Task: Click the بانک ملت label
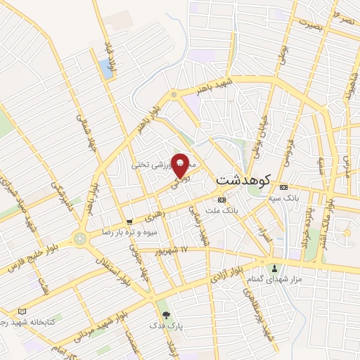227,210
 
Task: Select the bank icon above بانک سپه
283,188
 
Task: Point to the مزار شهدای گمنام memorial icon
274,267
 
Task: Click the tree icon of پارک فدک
166,316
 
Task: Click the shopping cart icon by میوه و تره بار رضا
129,222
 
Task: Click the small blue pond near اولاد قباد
105,68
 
